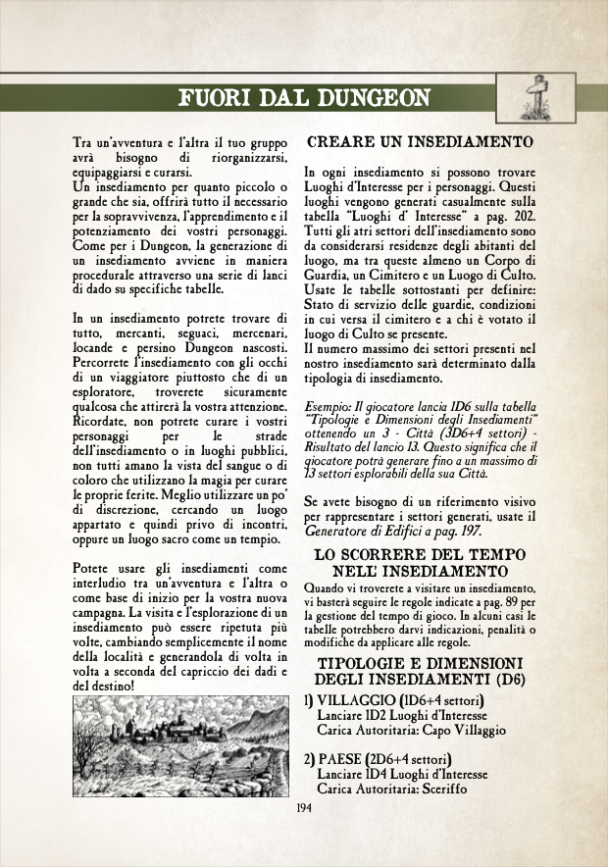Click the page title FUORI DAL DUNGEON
(303, 97)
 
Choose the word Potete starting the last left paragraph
(96, 570)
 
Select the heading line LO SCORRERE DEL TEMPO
(423, 556)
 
